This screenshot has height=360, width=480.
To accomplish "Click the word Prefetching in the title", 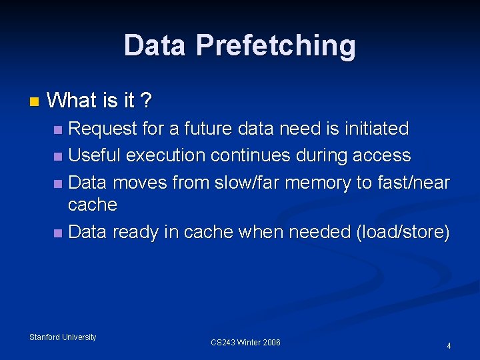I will coord(275,46).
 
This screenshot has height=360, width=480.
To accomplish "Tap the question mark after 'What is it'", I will coord(146,101).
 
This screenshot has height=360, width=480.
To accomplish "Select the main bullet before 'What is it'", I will coord(34,102).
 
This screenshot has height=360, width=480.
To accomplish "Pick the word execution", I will coord(166,155).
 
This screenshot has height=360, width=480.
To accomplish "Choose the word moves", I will coord(141,182).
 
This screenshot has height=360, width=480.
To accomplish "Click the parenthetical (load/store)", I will coord(403,232).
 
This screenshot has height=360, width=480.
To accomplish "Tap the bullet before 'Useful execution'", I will coord(58,157).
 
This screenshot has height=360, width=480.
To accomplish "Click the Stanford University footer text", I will coord(63,337).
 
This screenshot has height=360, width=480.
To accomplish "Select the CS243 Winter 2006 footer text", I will coord(245,343).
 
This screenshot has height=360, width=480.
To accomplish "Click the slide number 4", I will coord(449,346).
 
